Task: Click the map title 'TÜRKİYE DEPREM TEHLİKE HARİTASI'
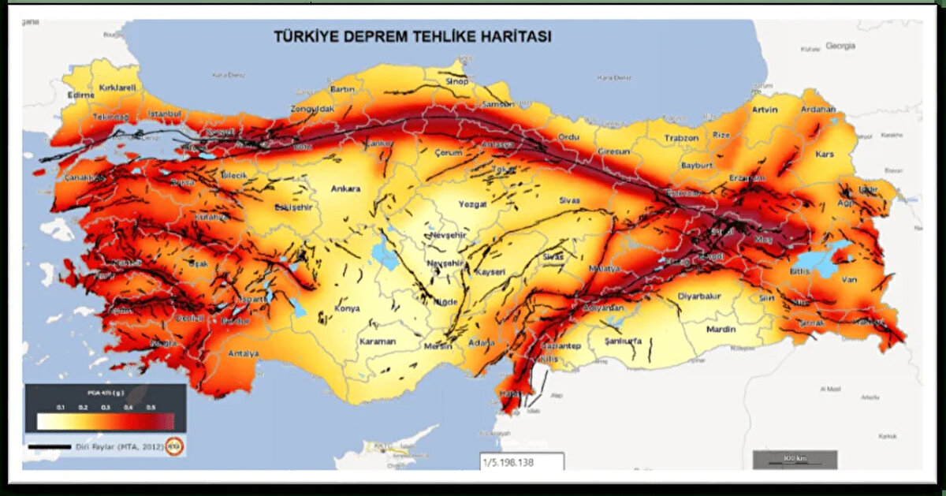[x=412, y=36]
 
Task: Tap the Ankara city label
[x=345, y=188]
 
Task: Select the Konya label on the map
[x=347, y=308]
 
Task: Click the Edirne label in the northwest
[x=81, y=95]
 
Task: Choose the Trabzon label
[x=681, y=138]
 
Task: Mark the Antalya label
[x=243, y=354]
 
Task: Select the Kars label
[x=825, y=154]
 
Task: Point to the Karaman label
[x=377, y=341]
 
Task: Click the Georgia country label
[x=840, y=46]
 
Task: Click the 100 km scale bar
[x=794, y=459]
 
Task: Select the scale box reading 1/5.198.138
[x=521, y=462]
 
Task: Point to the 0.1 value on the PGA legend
[x=61, y=406]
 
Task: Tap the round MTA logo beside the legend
[x=174, y=446]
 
